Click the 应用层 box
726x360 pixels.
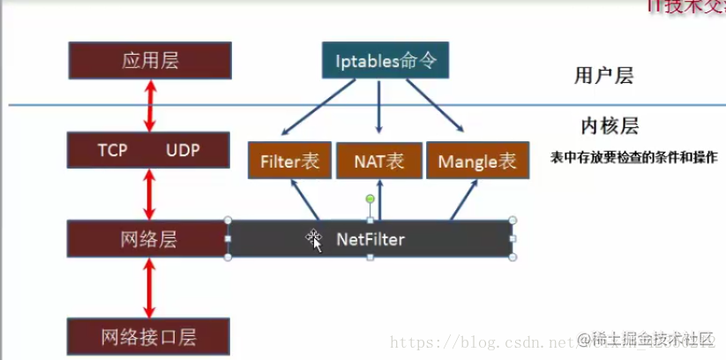tap(150, 61)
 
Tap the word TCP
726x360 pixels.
tap(113, 150)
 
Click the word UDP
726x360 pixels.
tap(183, 150)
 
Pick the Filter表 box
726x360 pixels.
tap(289, 161)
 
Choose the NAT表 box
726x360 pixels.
tap(379, 161)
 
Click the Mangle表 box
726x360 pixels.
tap(477, 161)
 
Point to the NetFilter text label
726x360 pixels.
tap(370, 239)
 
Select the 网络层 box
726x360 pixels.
tap(150, 239)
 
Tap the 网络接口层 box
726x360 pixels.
tap(150, 336)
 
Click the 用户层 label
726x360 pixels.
tap(603, 76)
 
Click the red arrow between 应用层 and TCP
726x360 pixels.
tap(151, 106)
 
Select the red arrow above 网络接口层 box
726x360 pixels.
tap(150, 289)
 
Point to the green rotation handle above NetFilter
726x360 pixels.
tap(370, 199)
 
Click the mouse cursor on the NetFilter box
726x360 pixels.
tap(315, 240)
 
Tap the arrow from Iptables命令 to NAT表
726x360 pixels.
tap(379, 108)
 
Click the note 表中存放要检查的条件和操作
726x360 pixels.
tap(633, 155)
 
